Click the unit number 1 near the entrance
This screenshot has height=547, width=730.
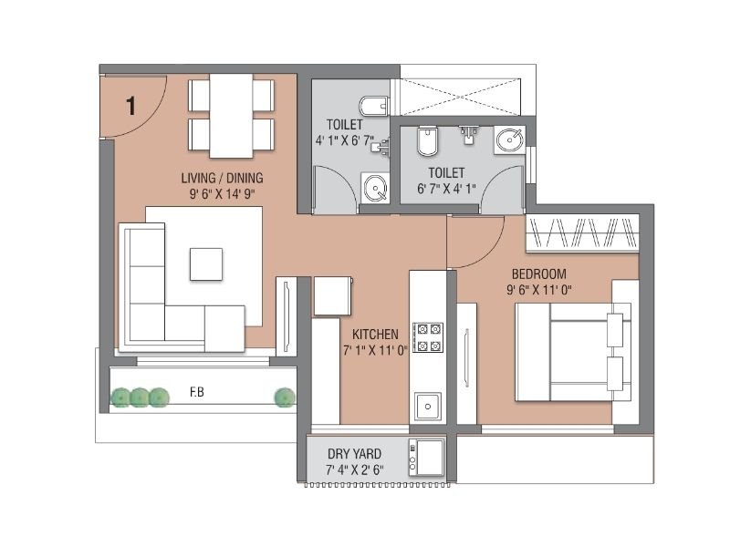(x=130, y=106)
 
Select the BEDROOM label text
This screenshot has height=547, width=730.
(x=538, y=273)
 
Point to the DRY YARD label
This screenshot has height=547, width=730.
(x=354, y=453)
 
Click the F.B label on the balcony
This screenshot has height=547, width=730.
(x=196, y=393)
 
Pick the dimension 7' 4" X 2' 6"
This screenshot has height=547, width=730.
(x=354, y=470)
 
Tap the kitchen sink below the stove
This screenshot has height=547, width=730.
(x=427, y=405)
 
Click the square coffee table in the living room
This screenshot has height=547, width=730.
(x=205, y=264)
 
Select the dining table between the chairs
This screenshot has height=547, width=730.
(x=231, y=117)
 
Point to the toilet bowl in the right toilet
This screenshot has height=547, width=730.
(x=427, y=141)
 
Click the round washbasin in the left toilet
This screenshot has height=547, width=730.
(x=375, y=189)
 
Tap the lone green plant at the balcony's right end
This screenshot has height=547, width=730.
(x=285, y=397)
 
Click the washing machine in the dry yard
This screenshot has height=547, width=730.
(x=426, y=455)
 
